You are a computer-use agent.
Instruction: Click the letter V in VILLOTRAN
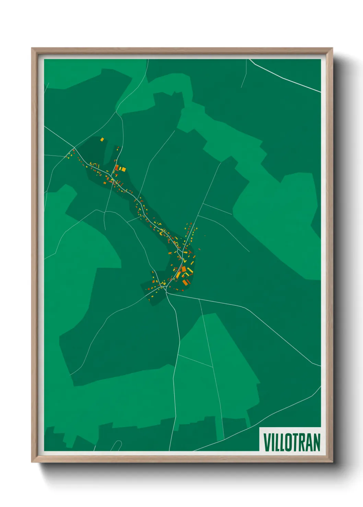tap(267, 442)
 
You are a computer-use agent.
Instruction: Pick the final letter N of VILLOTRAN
tap(317, 442)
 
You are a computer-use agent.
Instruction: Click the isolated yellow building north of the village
tap(102, 139)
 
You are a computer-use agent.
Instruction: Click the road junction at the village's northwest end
tap(75, 148)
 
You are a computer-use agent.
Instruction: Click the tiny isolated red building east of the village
tap(205, 236)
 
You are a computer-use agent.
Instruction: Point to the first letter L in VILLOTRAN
tap(276, 442)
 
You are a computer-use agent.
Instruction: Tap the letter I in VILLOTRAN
tap(272, 442)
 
